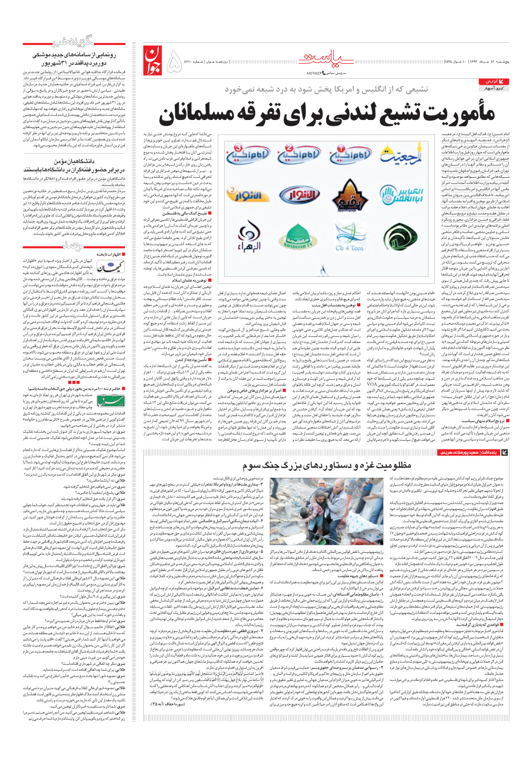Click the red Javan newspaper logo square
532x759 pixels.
(x=152, y=61)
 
